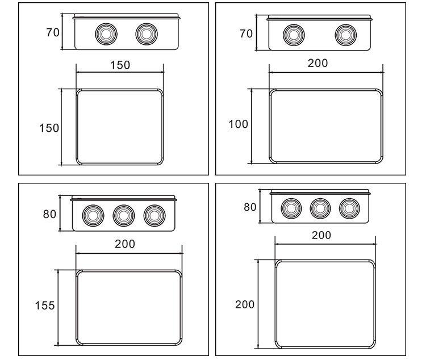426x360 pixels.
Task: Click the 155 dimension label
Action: coord(45,305)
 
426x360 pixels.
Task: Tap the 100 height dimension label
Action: coord(238,124)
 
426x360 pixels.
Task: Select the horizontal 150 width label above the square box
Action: coord(120,65)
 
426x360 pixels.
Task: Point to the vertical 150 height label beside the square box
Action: coord(49,128)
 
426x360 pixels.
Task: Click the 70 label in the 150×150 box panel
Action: coord(53,32)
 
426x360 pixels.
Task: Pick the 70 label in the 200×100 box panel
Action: coord(246,34)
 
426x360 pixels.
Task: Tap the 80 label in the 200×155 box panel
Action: coord(49,214)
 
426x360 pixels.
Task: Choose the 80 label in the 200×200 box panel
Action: coord(250,207)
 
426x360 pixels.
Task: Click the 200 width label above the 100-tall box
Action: coord(318,63)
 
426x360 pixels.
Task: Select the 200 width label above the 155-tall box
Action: coord(125,244)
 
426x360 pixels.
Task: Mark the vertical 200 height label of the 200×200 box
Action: coord(245,304)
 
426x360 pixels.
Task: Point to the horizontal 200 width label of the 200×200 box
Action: coord(321,235)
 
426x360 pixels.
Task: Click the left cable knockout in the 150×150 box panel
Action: coord(106,34)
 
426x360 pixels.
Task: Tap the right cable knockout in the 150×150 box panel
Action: coord(147,34)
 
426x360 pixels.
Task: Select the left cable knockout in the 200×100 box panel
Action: coord(294,35)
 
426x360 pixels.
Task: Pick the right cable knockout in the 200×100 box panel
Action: coord(346,35)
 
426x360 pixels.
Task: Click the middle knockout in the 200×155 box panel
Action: coord(124,216)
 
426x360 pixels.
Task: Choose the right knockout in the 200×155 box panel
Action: coord(154,216)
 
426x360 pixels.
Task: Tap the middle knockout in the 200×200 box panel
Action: coord(320,208)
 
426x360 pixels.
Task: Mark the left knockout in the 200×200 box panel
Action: coord(291,208)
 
